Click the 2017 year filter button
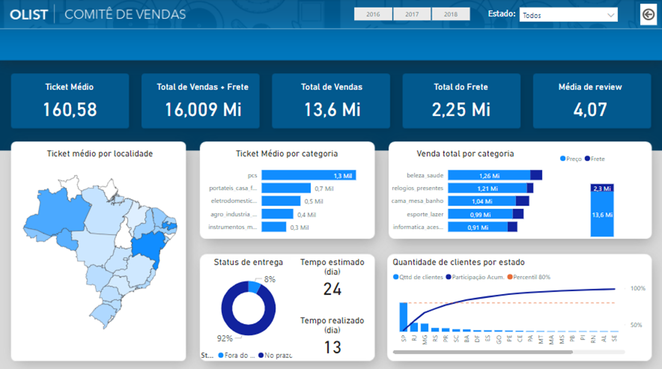click(x=412, y=14)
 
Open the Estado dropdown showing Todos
click(x=568, y=15)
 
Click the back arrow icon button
click(x=648, y=15)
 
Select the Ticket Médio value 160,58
click(x=70, y=110)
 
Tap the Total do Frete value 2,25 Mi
click(x=461, y=110)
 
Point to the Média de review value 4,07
click(x=590, y=110)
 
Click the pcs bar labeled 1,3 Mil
click(x=308, y=176)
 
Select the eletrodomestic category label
click(x=234, y=201)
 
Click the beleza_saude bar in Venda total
click(x=489, y=175)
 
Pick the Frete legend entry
click(x=595, y=159)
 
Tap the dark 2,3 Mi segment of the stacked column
click(x=602, y=188)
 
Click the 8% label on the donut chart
click(x=270, y=279)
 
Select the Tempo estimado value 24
click(x=332, y=289)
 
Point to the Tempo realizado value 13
click(x=332, y=347)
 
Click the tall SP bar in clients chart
click(x=403, y=317)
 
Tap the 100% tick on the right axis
click(x=638, y=288)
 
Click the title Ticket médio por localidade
click(x=100, y=154)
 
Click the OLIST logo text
click(x=29, y=14)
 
